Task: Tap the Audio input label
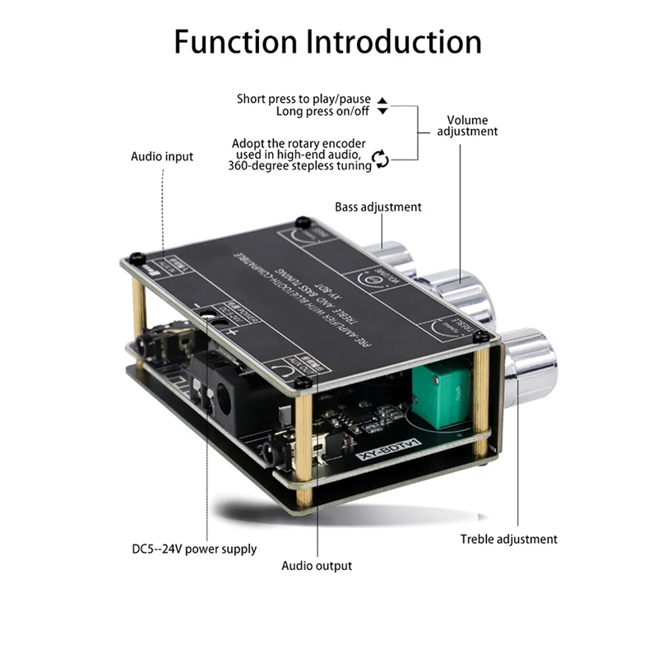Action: (162, 156)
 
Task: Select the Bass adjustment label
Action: (378, 207)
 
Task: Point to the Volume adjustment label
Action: (467, 125)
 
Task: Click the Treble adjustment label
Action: (508, 540)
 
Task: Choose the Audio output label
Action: (317, 566)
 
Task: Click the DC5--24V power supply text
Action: (194, 549)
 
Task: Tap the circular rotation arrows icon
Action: (380, 159)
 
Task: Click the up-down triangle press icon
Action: (382, 104)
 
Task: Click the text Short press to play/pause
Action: (304, 99)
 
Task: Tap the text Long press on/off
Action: (323, 111)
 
